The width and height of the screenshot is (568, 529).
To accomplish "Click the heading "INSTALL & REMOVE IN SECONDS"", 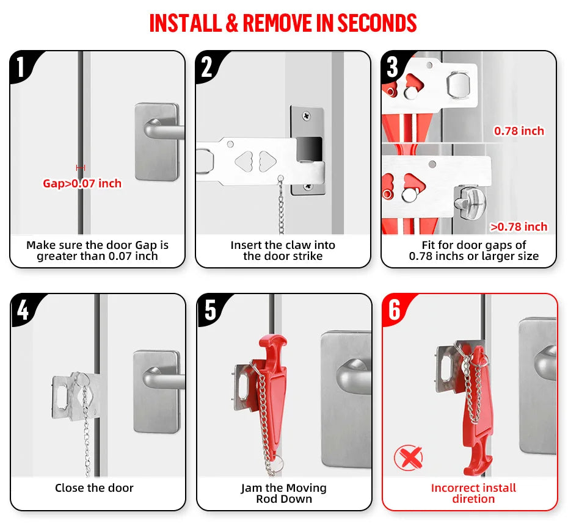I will click(283, 23).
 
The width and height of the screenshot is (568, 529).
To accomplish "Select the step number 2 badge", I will click(207, 67).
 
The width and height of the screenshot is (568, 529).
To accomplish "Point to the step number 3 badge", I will click(393, 67).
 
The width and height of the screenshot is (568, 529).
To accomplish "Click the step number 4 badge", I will click(23, 309).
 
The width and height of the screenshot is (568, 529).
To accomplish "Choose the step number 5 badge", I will click(209, 309).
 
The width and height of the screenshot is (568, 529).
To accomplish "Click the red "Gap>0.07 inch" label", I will click(82, 183).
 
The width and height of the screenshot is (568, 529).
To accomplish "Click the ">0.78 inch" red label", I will click(519, 227).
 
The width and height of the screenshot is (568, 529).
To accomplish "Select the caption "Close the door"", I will click(94, 488).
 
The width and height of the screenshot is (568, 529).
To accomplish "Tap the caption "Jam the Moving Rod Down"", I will click(283, 493).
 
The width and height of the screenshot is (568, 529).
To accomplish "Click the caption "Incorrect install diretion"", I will click(473, 493).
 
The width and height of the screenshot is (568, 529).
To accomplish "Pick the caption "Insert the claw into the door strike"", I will click(283, 250).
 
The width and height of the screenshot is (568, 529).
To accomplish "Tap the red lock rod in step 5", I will click(272, 390).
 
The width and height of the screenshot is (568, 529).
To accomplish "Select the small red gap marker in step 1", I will click(81, 167).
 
